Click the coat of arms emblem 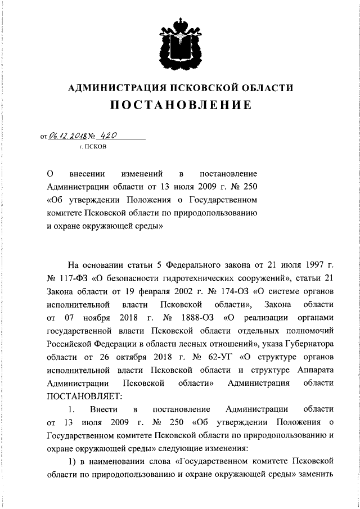pos(180,42)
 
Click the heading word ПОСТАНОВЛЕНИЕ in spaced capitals pos(180,105)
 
